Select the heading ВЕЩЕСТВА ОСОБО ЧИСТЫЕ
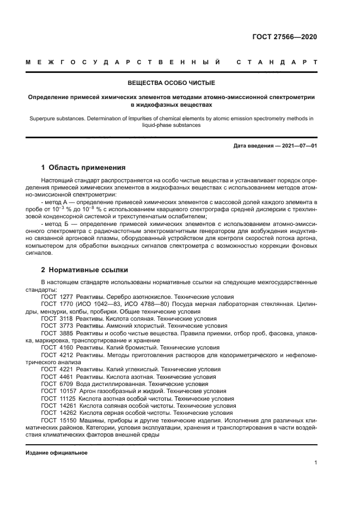pyautogui.click(x=172, y=83)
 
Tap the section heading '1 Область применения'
pyautogui.click(x=83, y=167)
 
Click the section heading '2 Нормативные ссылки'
pyautogui.click(x=84, y=269)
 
